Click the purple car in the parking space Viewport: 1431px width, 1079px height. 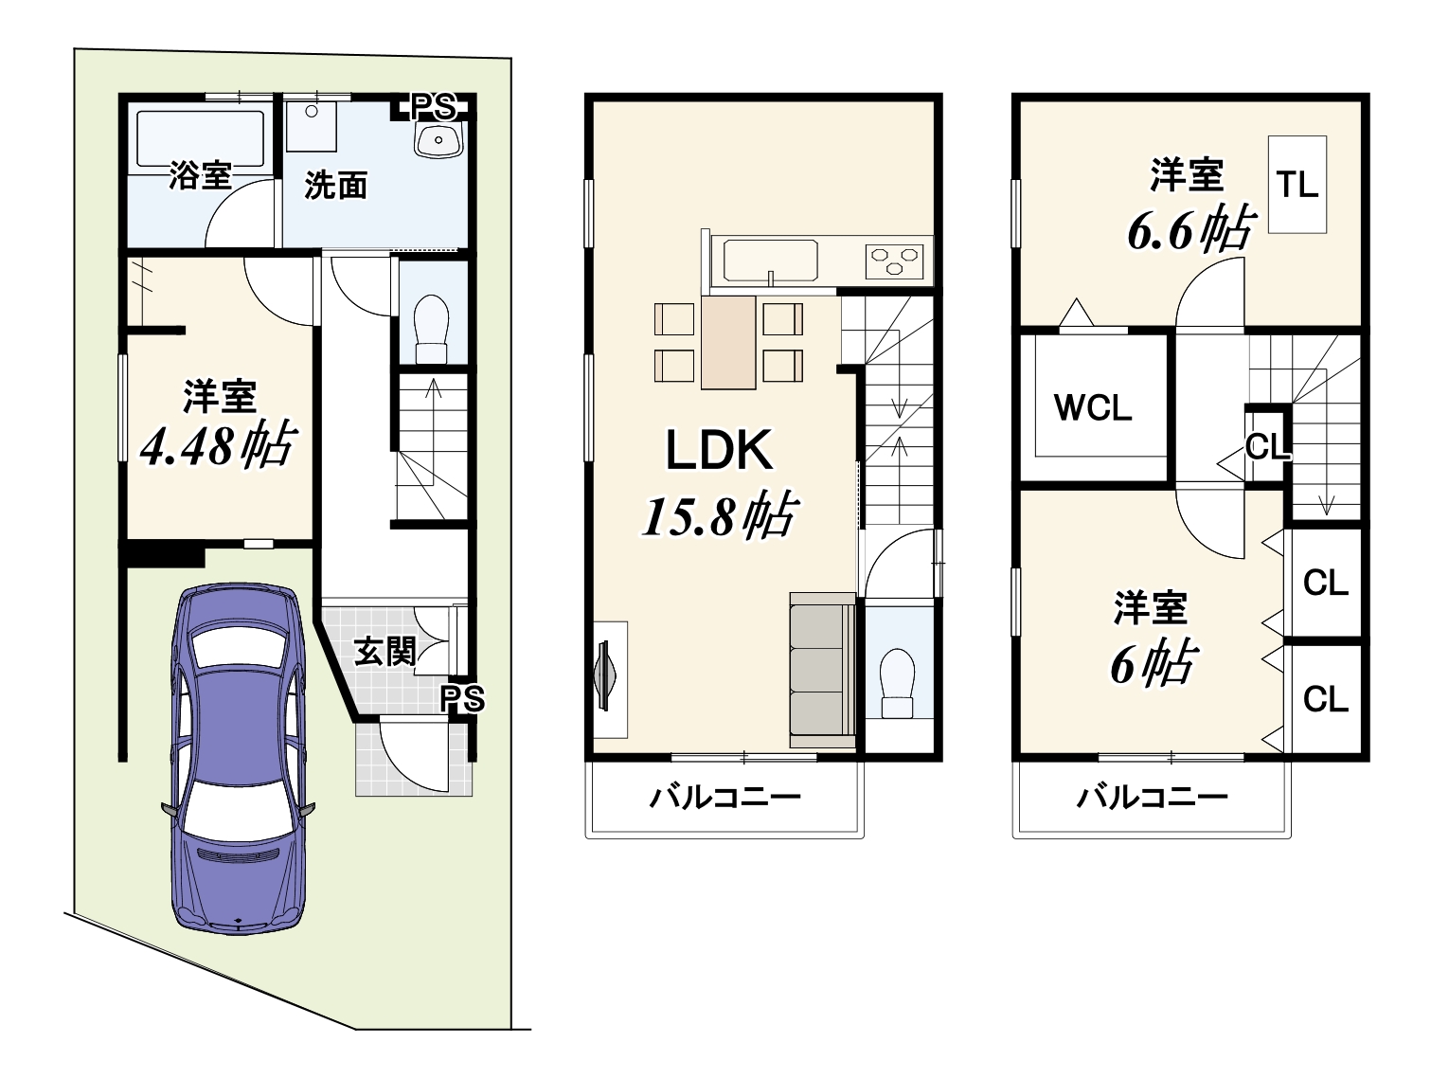click(238, 758)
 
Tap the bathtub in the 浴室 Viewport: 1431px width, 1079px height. click(200, 141)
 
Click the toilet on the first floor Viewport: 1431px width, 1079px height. click(432, 330)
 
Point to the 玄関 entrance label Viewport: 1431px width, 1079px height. click(385, 651)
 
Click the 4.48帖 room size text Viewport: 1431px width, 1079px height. click(219, 445)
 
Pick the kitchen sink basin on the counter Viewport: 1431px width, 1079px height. click(770, 261)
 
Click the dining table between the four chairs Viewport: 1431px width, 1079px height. click(728, 343)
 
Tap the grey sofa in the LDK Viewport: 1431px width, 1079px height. click(822, 670)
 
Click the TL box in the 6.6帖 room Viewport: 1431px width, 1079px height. click(1297, 185)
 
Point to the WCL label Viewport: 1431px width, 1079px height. click(1093, 409)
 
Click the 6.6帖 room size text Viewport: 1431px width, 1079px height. click(1190, 229)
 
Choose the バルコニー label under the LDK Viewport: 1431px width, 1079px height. click(724, 798)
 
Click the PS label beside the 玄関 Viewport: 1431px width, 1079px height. click(461, 699)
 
